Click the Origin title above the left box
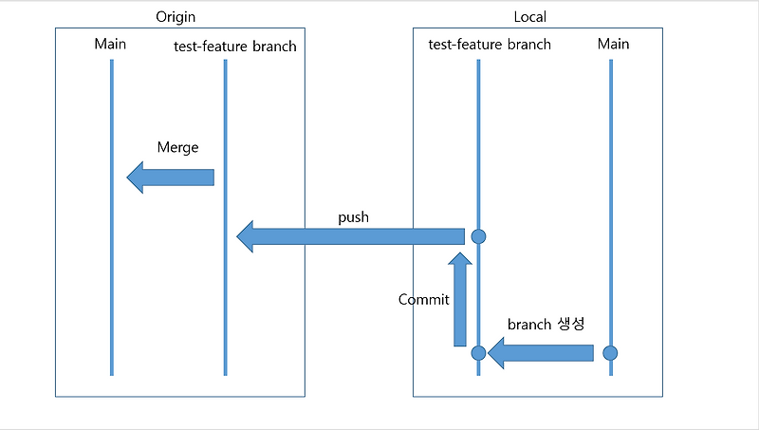pos(179,17)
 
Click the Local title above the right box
pos(529,17)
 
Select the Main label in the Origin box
pos(110,44)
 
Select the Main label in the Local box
pos(613,44)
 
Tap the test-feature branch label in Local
pos(489,44)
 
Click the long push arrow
pos(351,236)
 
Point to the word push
pos(353,217)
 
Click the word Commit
pos(423,299)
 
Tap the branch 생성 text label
pos(546,325)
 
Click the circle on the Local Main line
pos(610,353)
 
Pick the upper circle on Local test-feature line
pos(478,236)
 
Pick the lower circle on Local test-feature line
pos(478,353)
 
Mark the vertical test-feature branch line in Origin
pos(225,304)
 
